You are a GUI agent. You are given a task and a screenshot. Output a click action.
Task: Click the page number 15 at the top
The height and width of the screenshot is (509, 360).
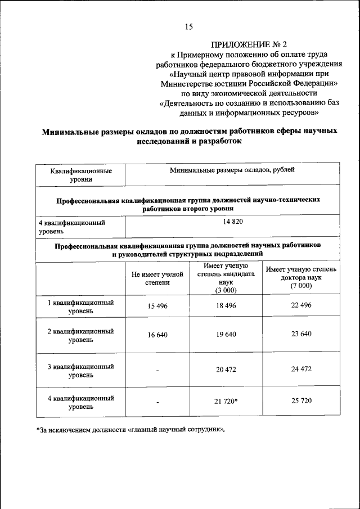pyautogui.click(x=188, y=26)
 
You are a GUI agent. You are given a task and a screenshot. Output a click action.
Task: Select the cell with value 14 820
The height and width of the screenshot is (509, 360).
pyautogui.click(x=232, y=222)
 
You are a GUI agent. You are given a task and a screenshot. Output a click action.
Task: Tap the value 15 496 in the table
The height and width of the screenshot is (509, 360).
pyautogui.click(x=158, y=305)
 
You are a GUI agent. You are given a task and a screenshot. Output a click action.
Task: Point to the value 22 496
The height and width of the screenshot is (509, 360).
pyautogui.click(x=301, y=305)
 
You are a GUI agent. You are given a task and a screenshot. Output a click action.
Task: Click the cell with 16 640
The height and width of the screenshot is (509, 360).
pyautogui.click(x=158, y=334)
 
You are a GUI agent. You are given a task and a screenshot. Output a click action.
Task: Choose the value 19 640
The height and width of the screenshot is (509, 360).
pyautogui.click(x=226, y=334)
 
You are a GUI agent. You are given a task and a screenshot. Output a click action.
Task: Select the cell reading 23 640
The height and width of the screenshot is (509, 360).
pyautogui.click(x=301, y=334)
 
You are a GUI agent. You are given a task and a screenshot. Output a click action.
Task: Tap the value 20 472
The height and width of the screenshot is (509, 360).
pyautogui.click(x=226, y=369)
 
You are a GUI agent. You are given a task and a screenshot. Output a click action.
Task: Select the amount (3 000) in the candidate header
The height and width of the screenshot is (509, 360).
pyautogui.click(x=226, y=290)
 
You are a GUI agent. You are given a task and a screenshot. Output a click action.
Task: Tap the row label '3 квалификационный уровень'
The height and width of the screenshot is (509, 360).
pyautogui.click(x=80, y=370)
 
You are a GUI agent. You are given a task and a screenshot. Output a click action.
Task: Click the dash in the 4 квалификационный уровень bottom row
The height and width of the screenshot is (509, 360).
pyautogui.click(x=158, y=403)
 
